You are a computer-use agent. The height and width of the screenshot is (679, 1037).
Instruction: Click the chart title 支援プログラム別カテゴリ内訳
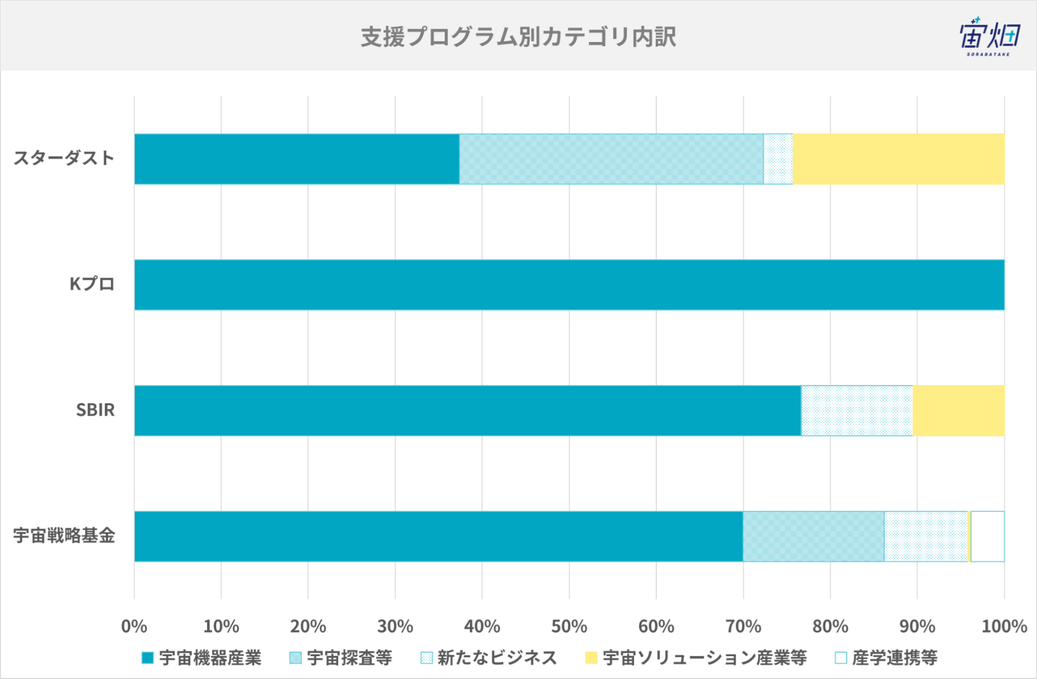coord(518,37)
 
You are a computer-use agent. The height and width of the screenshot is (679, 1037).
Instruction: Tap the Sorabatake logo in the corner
coord(989,36)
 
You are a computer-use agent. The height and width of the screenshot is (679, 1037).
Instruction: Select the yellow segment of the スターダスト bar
coord(898,159)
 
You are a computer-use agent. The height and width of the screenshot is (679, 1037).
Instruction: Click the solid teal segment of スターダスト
coord(297,159)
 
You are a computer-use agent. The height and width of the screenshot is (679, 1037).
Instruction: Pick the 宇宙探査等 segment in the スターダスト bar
coord(612,159)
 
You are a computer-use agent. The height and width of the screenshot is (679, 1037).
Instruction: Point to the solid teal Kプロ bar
coord(570,284)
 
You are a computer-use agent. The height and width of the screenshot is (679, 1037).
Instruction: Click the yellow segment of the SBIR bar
coord(959,411)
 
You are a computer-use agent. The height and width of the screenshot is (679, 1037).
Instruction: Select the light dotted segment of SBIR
coord(857,411)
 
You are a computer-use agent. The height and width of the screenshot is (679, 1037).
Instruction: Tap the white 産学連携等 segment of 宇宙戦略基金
coord(988,536)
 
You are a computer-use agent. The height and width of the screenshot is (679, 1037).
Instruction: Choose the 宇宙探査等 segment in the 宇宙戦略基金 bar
coord(813,536)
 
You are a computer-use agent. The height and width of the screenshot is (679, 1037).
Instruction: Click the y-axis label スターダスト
coord(64,158)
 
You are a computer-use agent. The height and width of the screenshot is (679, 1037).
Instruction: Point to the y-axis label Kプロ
coord(92,284)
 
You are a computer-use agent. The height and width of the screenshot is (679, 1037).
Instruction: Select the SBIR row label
coord(95,410)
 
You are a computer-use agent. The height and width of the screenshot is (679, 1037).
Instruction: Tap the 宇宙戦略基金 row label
coord(64,535)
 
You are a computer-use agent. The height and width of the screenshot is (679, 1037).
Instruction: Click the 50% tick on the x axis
coord(569,627)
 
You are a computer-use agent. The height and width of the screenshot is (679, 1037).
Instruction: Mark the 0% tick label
coord(134,627)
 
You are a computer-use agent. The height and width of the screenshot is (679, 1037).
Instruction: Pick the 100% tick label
coord(1004,627)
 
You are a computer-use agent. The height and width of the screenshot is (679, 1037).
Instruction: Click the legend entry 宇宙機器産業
coord(202,658)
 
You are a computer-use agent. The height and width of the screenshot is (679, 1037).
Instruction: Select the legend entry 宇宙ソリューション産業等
coord(696,658)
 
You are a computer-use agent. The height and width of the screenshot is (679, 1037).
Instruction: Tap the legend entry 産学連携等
coord(886,658)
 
